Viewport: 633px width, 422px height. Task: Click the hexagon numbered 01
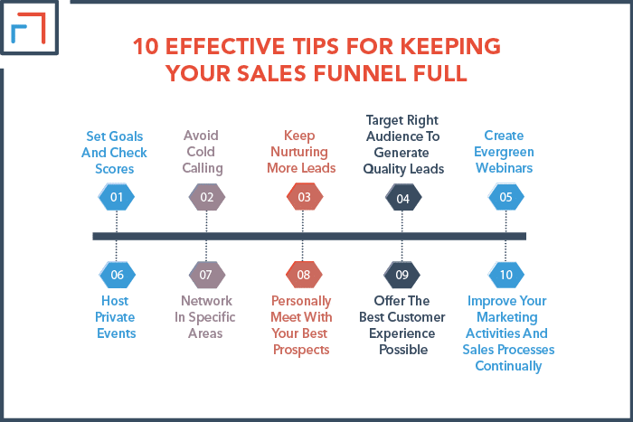coord(117,197)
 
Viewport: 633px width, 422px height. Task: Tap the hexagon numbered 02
coord(207,197)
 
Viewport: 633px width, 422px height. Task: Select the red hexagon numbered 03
coord(305,197)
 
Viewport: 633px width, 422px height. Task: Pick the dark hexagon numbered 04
coord(403,198)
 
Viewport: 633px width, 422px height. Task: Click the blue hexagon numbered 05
coord(505,197)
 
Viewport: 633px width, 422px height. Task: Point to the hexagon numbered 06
coord(117,275)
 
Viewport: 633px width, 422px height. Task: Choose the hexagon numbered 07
coord(206,275)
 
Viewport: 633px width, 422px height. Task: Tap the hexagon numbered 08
coord(304,275)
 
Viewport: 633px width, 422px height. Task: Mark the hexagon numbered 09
coord(402,275)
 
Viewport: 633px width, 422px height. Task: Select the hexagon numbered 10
coord(505,275)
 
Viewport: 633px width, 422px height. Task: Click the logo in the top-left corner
coord(29,27)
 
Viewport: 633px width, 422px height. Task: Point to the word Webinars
coord(505,168)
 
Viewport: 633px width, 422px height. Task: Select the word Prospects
coord(301,350)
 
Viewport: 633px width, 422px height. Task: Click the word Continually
coord(508,366)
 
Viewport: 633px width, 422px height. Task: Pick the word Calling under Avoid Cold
coord(203,168)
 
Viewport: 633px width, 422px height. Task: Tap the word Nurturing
coord(299,152)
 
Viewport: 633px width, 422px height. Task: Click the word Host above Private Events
coord(115,301)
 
